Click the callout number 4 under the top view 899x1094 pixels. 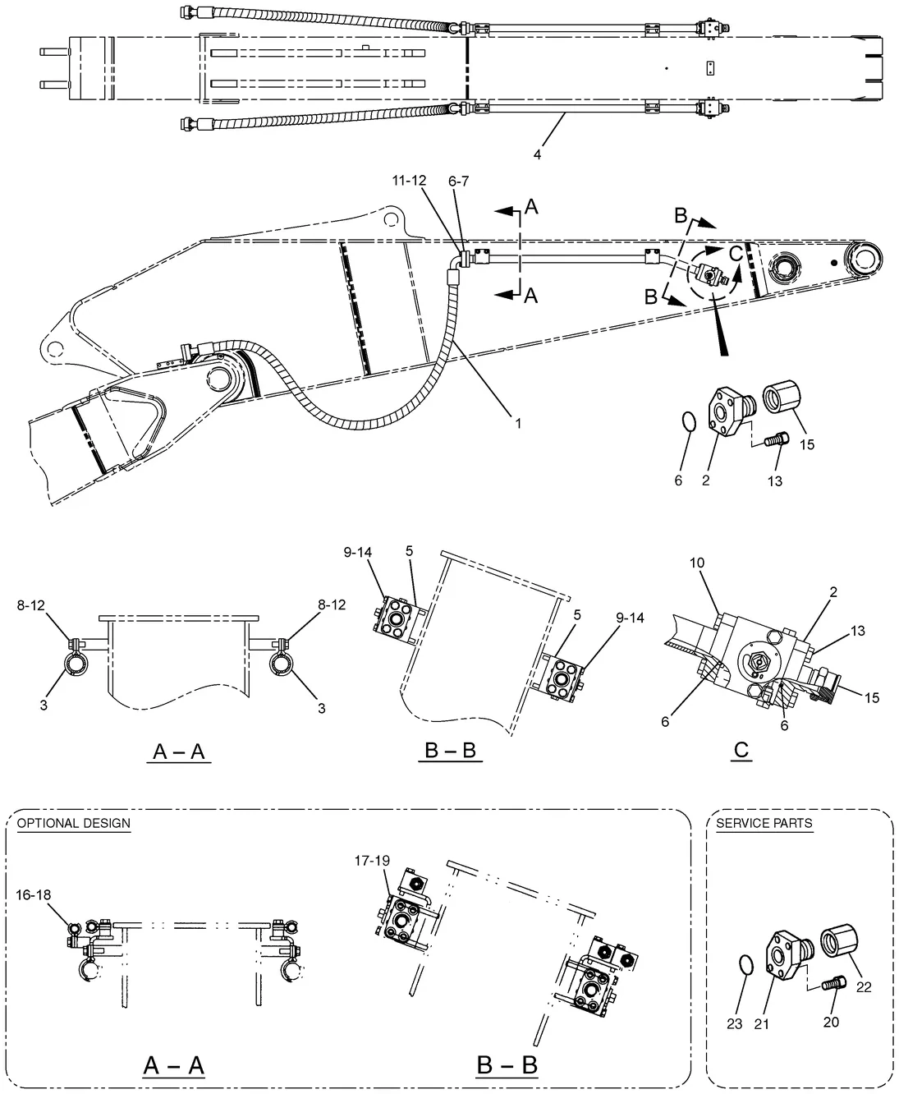537,154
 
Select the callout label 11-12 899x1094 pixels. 409,181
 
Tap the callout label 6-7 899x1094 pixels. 458,181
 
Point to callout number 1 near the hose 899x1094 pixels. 518,423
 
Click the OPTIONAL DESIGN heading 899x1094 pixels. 74,823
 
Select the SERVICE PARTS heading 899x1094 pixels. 764,823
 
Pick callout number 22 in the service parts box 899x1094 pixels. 864,987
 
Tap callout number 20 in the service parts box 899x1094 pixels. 831,1022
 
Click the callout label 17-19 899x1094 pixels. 372,861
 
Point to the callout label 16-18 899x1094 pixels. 33,894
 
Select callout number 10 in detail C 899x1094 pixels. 697,563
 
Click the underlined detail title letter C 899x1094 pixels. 741,750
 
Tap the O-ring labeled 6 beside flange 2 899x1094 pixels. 689,421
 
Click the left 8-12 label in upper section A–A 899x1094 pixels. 30,605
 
